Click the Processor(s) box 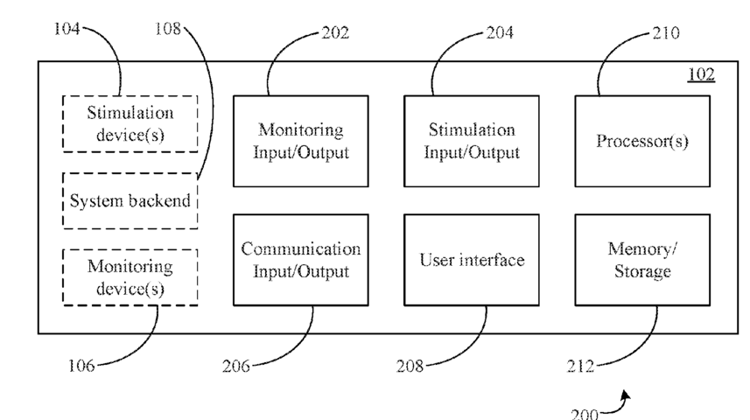pyautogui.click(x=642, y=141)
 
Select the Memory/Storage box pyautogui.click(x=642, y=260)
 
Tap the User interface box pyautogui.click(x=472, y=260)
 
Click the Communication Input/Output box pyautogui.click(x=301, y=260)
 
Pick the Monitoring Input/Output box pyautogui.click(x=301, y=141)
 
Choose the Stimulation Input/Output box pyautogui.click(x=472, y=141)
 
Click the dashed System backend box pyautogui.click(x=130, y=201)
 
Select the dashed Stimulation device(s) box pyautogui.click(x=130, y=124)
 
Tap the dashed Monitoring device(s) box pyautogui.click(x=130, y=277)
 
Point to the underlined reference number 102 pyautogui.click(x=701, y=74)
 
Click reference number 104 pyautogui.click(x=67, y=29)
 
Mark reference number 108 pyautogui.click(x=168, y=29)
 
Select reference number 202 pyautogui.click(x=335, y=32)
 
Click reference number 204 pyautogui.click(x=500, y=32)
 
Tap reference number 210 pyautogui.click(x=666, y=32)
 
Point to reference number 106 pyautogui.click(x=81, y=366)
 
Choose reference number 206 pyautogui.click(x=235, y=366)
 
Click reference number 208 pyautogui.click(x=410, y=366)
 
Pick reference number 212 pyautogui.click(x=580, y=366)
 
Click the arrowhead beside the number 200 pyautogui.click(x=626, y=395)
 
